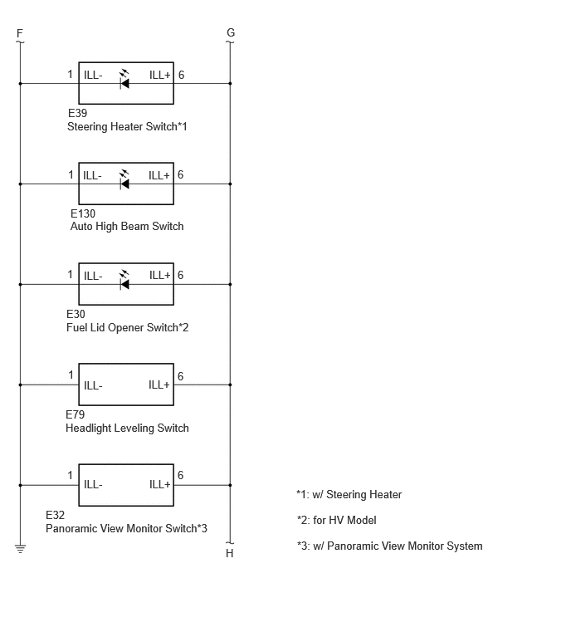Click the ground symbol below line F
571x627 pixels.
click(21, 548)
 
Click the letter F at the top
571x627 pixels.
click(20, 33)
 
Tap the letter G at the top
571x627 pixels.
click(231, 32)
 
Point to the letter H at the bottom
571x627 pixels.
click(229, 553)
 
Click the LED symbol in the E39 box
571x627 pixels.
click(124, 80)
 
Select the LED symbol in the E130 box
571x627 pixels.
click(124, 180)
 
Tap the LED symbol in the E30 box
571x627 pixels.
click(124, 281)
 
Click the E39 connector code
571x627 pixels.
click(77, 113)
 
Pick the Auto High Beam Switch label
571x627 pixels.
click(127, 227)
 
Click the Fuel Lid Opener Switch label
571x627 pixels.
click(127, 327)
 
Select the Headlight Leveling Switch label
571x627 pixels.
click(127, 428)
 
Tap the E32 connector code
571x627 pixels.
click(55, 515)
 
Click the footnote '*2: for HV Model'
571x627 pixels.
click(336, 520)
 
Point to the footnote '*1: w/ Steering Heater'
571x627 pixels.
click(349, 495)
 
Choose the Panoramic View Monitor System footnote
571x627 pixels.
click(389, 546)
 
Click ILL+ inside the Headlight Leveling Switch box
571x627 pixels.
click(159, 385)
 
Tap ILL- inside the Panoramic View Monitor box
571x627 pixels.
click(93, 485)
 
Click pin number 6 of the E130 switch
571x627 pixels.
click(181, 174)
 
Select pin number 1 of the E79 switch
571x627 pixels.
click(71, 375)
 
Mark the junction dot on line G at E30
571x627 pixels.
click(230, 284)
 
